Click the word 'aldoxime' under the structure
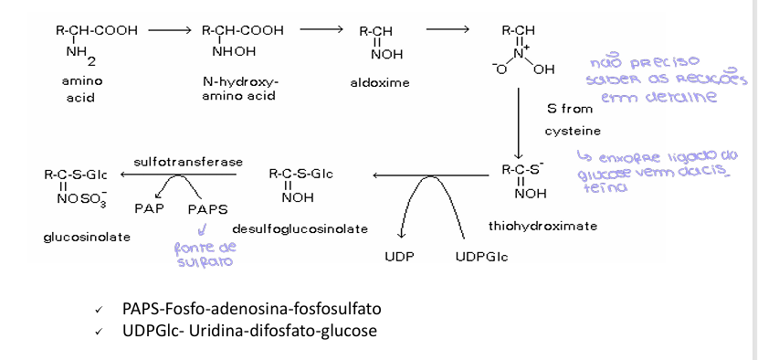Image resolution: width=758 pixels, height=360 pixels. (x=380, y=82)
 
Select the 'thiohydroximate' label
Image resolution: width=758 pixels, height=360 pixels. (x=530, y=225)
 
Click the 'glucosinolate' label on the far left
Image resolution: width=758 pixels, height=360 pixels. (x=87, y=237)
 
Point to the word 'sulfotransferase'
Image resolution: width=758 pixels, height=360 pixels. (x=188, y=162)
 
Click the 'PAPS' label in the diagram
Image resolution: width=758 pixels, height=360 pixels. (x=207, y=208)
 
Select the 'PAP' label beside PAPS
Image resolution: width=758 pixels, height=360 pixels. (x=148, y=207)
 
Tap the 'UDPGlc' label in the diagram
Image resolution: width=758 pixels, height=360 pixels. (x=481, y=257)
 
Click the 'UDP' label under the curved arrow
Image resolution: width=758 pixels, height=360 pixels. (x=399, y=257)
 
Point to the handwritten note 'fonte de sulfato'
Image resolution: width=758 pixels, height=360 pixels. (x=205, y=254)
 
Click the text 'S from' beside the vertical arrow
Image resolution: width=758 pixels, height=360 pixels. (x=570, y=108)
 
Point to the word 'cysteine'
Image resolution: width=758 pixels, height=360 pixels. (x=573, y=131)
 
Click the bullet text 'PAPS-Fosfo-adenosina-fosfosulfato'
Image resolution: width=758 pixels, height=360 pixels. (x=251, y=308)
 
